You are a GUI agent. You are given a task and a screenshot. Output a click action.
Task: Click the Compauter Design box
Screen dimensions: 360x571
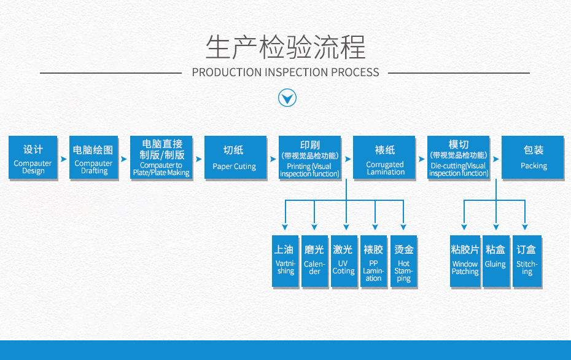(x=33, y=158)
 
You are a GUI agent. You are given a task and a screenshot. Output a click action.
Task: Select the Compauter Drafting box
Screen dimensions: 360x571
(x=93, y=158)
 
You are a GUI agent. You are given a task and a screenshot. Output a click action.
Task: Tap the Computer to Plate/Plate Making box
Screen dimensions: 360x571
(x=161, y=158)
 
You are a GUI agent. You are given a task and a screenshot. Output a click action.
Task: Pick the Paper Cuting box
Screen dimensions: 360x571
(x=234, y=158)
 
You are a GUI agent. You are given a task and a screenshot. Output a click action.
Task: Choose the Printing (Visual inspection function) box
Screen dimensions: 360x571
(x=309, y=158)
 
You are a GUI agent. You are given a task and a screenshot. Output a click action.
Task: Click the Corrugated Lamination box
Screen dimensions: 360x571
(x=384, y=158)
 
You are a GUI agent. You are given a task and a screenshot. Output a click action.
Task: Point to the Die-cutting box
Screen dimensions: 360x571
(x=458, y=158)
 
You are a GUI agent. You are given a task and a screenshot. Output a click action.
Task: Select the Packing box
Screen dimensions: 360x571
(x=533, y=158)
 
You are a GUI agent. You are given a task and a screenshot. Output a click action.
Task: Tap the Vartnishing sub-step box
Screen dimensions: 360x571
(x=285, y=261)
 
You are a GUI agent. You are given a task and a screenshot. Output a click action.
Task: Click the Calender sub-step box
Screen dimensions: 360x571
(x=314, y=261)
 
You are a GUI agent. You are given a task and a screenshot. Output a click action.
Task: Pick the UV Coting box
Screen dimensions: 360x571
(x=343, y=261)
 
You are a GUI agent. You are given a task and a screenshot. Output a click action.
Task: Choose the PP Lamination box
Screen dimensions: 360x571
(x=373, y=261)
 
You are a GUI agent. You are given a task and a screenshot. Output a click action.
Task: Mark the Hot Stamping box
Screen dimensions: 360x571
(x=403, y=261)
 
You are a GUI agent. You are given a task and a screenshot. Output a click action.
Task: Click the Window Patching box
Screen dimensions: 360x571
(x=465, y=261)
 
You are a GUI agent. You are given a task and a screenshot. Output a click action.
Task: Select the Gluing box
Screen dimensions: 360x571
(x=495, y=261)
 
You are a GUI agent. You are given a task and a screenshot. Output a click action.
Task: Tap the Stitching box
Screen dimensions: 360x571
(x=527, y=261)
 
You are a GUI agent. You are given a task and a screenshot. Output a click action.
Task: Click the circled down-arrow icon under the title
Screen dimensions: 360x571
(x=287, y=98)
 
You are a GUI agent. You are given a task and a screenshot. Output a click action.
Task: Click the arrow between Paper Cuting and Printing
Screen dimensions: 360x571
(x=273, y=158)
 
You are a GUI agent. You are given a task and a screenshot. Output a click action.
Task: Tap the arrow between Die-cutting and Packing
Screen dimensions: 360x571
(x=495, y=158)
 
